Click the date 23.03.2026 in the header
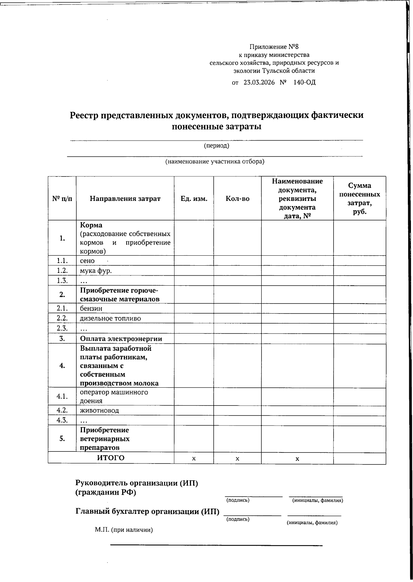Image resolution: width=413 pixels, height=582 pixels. [x=259, y=83]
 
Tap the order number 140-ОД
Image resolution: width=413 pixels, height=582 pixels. [x=304, y=83]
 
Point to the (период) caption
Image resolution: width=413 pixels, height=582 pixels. [x=216, y=146]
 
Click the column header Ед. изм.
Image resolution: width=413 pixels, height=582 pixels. [x=194, y=199]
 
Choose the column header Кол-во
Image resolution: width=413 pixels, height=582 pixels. [x=237, y=199]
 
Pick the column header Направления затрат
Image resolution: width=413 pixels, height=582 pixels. [x=125, y=199]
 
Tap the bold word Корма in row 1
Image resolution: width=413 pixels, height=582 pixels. [x=91, y=225]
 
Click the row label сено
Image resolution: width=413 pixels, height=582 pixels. [x=87, y=261]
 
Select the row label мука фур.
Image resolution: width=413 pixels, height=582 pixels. [x=96, y=271]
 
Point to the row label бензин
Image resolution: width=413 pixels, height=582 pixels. [x=91, y=308]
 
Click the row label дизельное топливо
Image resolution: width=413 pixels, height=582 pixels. [x=110, y=318]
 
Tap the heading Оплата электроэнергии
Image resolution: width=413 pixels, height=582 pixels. [x=121, y=339]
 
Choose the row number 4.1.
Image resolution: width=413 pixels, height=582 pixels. [x=62, y=397]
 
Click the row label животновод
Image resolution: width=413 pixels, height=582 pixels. [x=99, y=410]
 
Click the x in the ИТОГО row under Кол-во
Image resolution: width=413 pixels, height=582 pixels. [x=237, y=459]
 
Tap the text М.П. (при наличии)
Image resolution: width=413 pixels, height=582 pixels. [x=124, y=540]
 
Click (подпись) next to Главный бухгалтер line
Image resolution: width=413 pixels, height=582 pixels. [x=238, y=519]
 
